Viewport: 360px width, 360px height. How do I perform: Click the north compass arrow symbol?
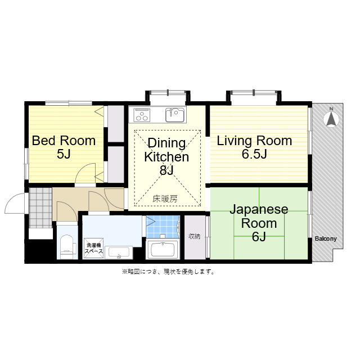331,119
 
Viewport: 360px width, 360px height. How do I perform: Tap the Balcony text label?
326,238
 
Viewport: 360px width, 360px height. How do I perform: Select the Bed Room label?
64,141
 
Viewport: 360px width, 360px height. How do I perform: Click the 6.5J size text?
254,154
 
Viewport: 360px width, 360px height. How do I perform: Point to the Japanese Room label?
259,216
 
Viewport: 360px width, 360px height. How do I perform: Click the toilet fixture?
67,247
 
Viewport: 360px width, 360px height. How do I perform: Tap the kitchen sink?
175,115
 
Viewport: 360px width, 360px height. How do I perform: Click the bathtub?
163,249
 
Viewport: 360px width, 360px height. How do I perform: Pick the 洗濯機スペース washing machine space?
94,249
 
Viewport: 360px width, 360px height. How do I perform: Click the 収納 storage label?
194,236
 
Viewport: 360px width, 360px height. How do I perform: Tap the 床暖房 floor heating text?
165,199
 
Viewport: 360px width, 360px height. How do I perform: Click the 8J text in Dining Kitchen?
166,170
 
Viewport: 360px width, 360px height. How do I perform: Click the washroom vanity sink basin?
119,253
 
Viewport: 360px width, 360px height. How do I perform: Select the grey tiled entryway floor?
40,208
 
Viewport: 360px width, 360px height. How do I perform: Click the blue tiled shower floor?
163,227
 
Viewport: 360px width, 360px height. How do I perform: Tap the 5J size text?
64,154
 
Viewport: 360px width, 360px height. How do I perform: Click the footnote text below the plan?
168,272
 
